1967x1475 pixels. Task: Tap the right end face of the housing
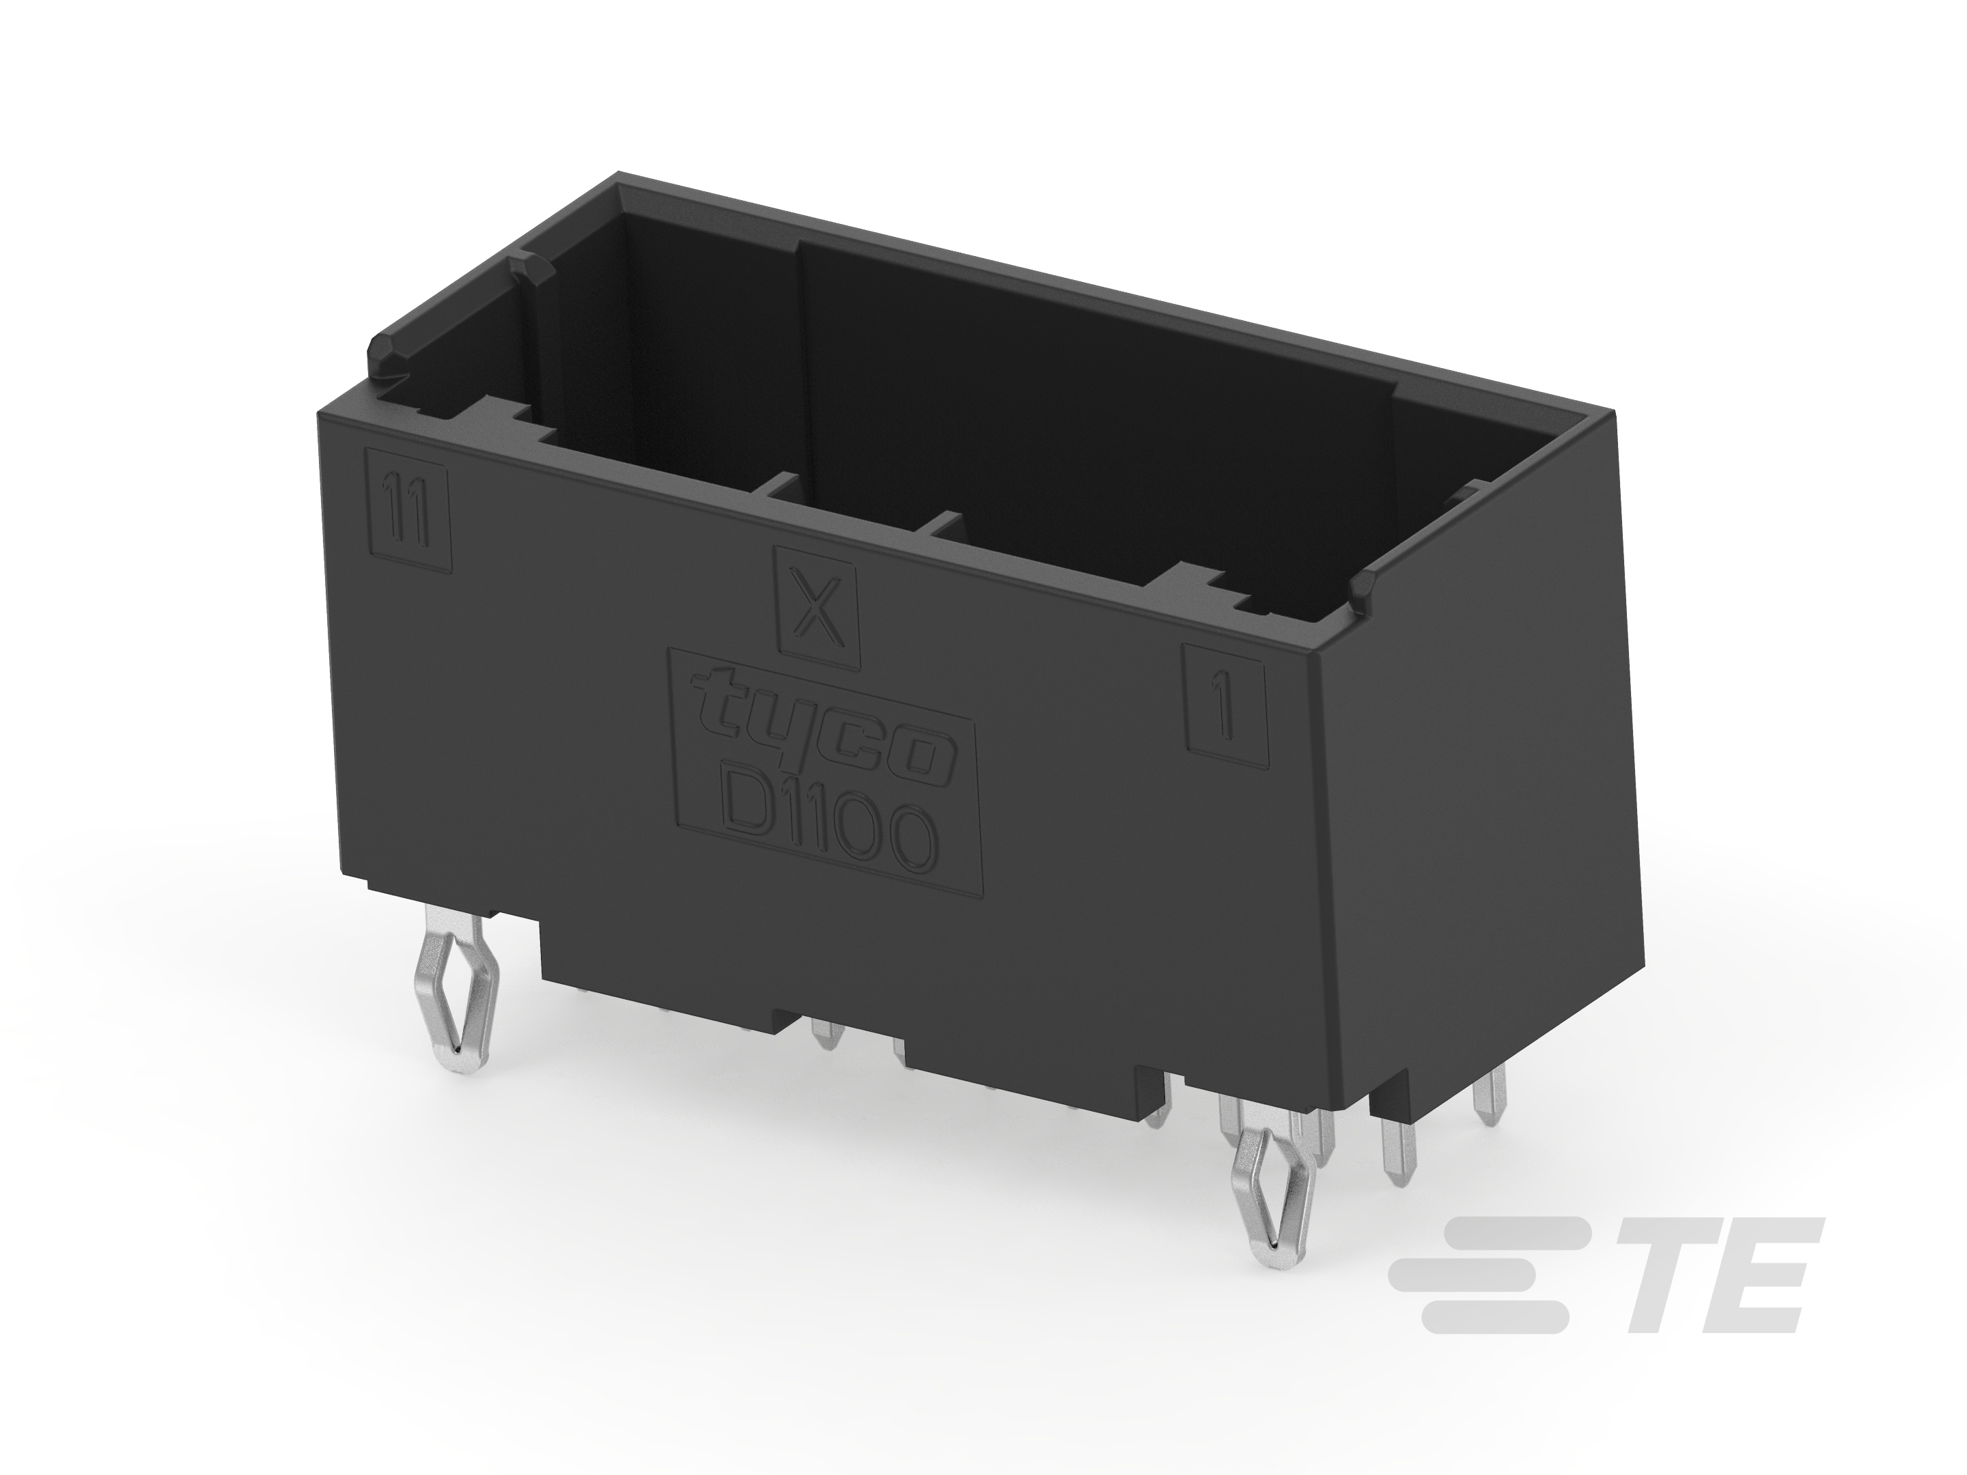[x=1467, y=800]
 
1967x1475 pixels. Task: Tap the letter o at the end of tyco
[x=925, y=766]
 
